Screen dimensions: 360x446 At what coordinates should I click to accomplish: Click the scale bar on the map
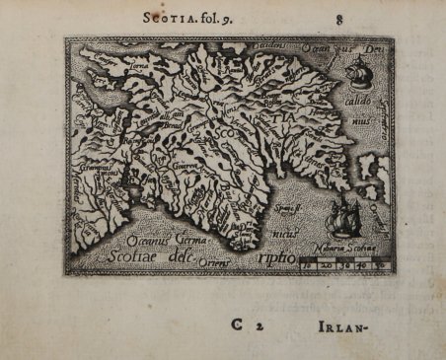point(341,264)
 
